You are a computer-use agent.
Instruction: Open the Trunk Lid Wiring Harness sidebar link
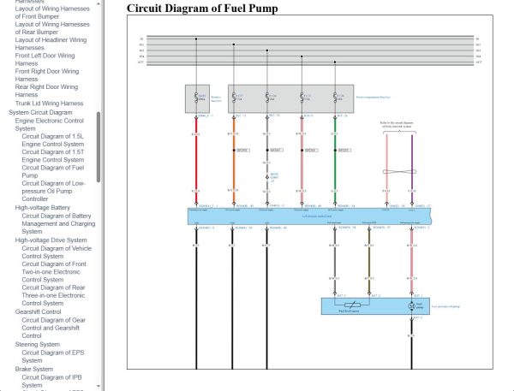[x=50, y=103]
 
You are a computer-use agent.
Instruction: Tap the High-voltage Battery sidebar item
[x=43, y=207]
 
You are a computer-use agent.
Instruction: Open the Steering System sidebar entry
[x=39, y=345]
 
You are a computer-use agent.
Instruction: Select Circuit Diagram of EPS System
[x=55, y=356]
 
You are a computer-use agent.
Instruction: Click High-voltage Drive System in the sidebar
[x=51, y=240]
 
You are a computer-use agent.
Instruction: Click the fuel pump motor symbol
[x=412, y=305]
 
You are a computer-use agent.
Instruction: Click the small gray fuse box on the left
[x=198, y=98]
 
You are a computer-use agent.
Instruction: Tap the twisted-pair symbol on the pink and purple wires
[x=399, y=170]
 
